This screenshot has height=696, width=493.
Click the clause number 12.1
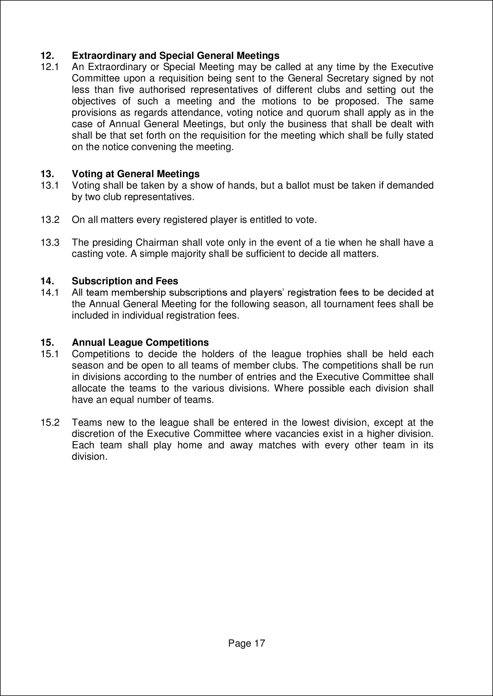50,67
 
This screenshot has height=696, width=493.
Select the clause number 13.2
50,220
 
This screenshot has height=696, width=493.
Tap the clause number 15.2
50,423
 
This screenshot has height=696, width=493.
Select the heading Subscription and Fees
125,281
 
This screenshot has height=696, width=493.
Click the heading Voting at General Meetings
136,174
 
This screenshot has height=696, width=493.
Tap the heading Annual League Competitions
140,343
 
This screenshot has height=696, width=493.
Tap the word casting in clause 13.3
87,254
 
